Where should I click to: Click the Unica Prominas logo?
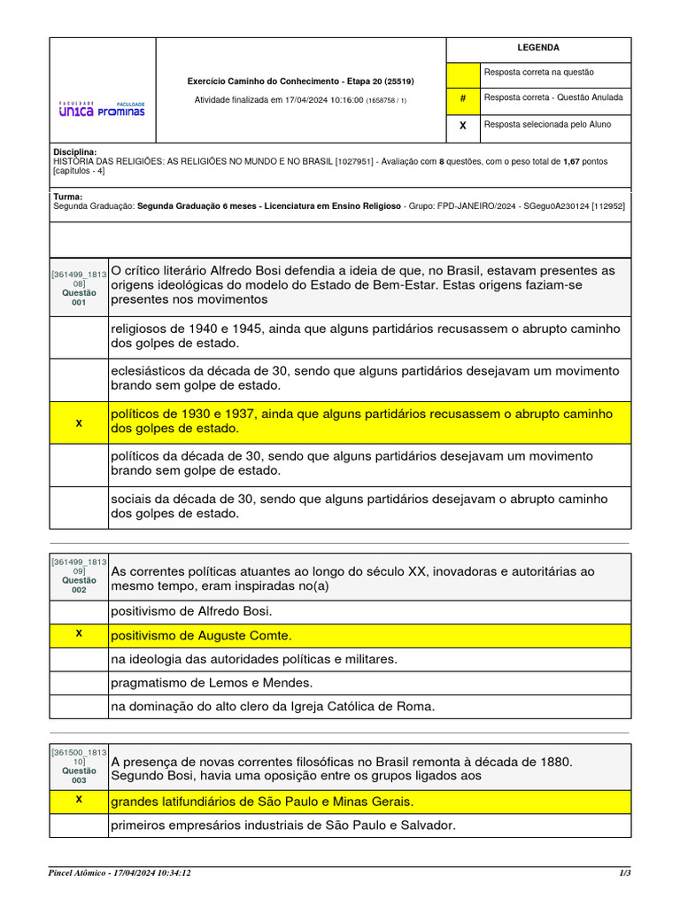click(x=101, y=109)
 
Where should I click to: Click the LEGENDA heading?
click(x=538, y=48)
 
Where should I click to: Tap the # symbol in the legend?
click(x=462, y=98)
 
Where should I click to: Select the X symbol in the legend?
click(x=462, y=126)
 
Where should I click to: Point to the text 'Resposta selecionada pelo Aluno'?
click(x=546, y=125)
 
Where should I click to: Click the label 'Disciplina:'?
click(x=74, y=152)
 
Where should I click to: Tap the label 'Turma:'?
click(x=67, y=197)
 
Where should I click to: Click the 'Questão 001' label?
click(x=79, y=298)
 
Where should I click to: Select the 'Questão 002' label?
click(x=79, y=585)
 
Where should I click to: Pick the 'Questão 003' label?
click(x=79, y=776)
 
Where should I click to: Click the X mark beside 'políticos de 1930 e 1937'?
click(x=79, y=423)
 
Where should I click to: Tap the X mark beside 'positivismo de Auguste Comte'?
click(x=79, y=634)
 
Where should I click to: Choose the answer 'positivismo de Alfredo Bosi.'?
click(x=191, y=611)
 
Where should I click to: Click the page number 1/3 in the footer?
click(x=623, y=873)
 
